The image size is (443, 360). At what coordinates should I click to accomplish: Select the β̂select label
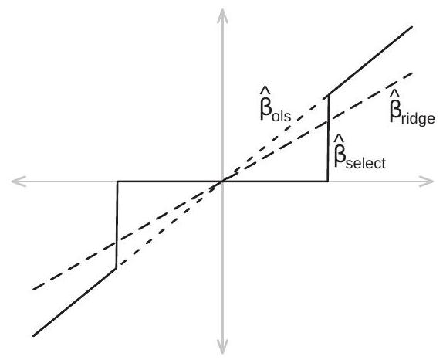(360, 152)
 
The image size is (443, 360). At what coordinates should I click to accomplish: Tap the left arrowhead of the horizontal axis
(19, 182)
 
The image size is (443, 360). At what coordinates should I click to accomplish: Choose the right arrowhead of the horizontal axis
(426, 182)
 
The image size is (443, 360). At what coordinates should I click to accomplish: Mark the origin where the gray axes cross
(222, 182)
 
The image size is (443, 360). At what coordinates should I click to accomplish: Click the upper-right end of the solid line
(412, 27)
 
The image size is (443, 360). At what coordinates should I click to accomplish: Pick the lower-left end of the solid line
(34, 336)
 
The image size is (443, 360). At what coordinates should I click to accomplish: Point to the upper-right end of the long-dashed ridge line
(412, 73)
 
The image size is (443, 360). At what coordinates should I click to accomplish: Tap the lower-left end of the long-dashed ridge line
(33, 289)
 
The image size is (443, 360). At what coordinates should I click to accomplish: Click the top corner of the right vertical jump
(329, 95)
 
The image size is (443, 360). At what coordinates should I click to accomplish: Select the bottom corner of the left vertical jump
(116, 268)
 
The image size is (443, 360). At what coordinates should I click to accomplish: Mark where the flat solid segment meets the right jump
(328, 182)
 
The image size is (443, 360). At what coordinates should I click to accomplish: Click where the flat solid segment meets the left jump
(117, 182)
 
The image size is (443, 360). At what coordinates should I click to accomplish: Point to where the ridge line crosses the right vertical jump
(328, 122)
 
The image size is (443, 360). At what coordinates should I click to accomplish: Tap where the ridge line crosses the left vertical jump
(117, 243)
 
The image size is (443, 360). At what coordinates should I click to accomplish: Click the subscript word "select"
(366, 163)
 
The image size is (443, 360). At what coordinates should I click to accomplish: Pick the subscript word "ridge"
(418, 118)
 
